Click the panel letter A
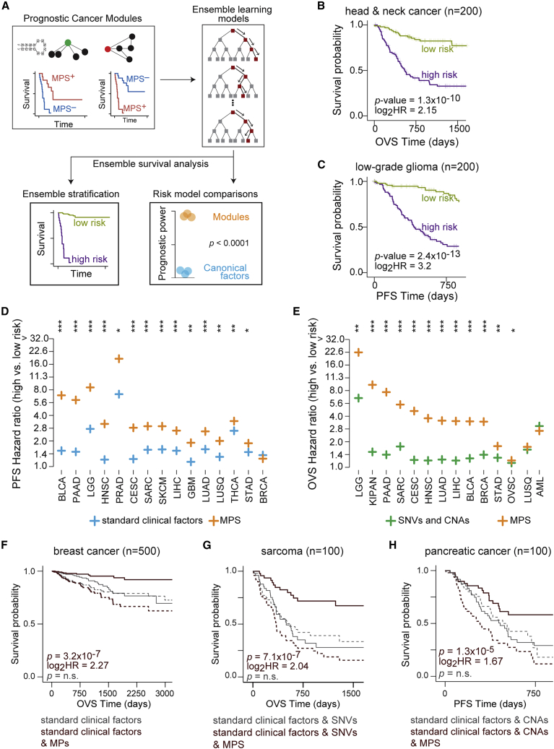coord(7,7)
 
